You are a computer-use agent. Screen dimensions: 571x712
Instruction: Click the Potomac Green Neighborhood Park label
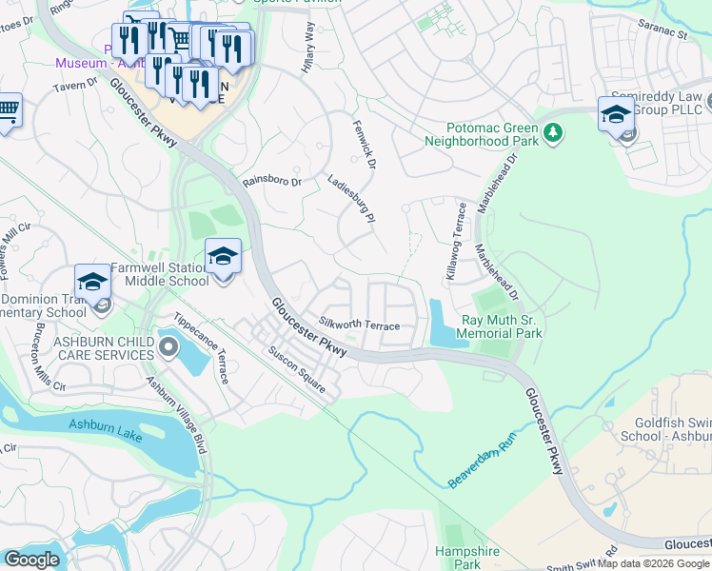click(x=492, y=134)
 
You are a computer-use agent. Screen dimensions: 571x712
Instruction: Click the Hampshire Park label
click(x=458, y=558)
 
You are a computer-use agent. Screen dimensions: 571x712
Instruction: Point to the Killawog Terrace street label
click(x=455, y=241)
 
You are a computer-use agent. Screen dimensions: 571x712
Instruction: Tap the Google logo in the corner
click(x=31, y=560)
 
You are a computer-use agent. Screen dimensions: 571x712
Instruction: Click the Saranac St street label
click(x=663, y=30)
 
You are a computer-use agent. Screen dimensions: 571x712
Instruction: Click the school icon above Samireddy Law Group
click(x=616, y=114)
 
